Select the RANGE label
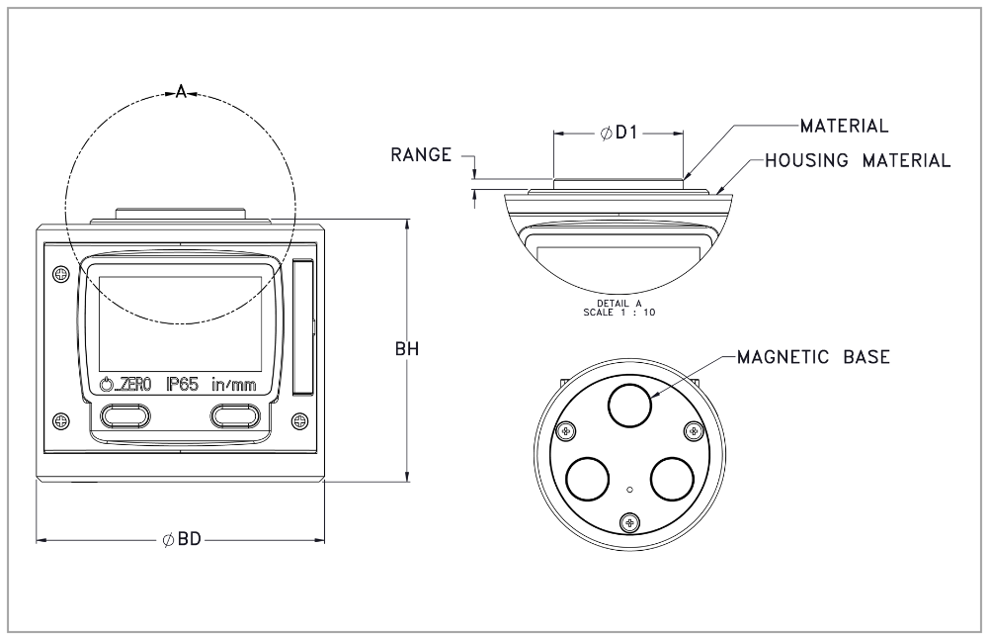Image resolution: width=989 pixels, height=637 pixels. tap(421, 155)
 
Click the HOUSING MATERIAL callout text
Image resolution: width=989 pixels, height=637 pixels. tap(858, 160)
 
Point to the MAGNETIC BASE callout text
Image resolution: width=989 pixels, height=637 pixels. tap(813, 357)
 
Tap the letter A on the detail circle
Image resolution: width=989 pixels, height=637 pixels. tap(181, 94)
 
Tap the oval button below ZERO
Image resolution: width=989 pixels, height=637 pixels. tap(123, 415)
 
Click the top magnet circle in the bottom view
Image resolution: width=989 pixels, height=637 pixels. tap(630, 405)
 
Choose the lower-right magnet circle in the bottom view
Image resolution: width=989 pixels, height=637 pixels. tap(673, 478)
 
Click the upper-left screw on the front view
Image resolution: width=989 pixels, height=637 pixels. tap(60, 273)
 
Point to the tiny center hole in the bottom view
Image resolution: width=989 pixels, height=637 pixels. tap(630, 487)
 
